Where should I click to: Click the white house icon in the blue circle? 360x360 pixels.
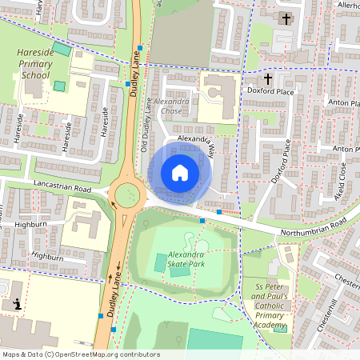180,173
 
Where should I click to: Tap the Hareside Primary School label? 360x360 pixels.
34,63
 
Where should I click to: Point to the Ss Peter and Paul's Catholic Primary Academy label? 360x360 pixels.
270,306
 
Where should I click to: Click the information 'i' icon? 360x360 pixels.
18,303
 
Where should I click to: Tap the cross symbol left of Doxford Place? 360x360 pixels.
268,79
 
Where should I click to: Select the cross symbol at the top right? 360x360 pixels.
287,18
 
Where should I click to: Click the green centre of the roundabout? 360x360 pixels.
127,195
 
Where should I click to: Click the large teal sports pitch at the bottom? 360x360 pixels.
214,341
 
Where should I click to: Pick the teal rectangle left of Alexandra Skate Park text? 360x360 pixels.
162,262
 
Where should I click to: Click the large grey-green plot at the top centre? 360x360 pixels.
182,32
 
